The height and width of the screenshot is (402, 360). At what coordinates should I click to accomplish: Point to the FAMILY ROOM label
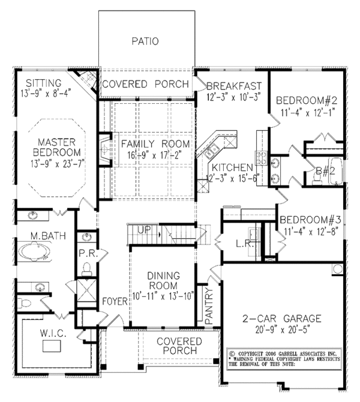click(x=155, y=145)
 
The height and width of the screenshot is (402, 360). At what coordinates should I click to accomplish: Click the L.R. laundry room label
click(x=245, y=245)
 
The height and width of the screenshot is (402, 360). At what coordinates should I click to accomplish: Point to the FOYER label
click(x=113, y=301)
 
